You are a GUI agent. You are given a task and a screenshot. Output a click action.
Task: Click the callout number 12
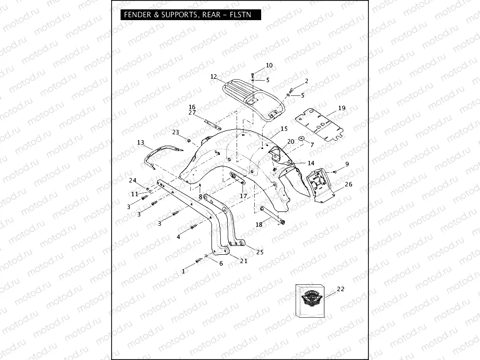213,77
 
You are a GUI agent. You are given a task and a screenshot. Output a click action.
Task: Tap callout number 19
342,108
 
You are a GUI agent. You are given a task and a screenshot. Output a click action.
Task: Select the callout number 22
340,289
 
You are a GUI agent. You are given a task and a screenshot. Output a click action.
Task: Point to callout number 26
348,184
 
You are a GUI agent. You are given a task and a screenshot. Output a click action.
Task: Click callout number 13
141,143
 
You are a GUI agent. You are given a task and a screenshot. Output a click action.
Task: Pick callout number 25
260,252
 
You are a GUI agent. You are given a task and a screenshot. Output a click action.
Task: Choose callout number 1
183,271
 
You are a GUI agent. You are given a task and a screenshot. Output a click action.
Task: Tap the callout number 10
269,65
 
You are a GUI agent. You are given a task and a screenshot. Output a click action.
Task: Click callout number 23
176,132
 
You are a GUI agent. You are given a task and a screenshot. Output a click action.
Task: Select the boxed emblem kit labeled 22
309,300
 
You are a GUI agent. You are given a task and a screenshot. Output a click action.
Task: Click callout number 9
347,164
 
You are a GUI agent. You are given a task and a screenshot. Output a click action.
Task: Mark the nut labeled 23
189,141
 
